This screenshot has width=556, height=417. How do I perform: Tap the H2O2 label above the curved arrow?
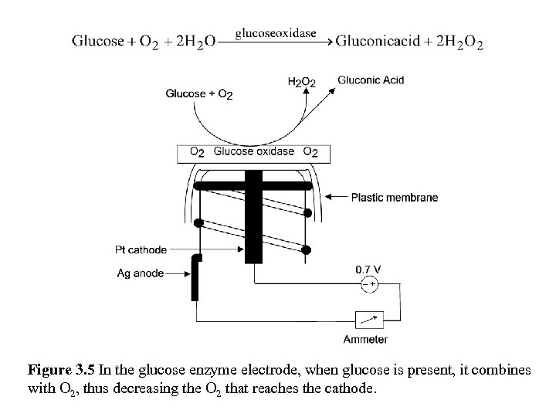(300, 81)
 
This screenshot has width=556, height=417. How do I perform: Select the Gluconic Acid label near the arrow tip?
(371, 80)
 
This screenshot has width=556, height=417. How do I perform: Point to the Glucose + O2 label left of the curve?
(198, 94)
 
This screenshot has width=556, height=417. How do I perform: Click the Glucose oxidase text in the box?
(254, 151)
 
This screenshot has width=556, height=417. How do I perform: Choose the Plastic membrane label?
(394, 197)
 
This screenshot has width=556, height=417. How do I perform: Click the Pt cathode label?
(141, 249)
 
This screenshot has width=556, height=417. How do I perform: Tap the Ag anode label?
(141, 273)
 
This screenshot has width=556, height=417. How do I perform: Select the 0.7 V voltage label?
(368, 269)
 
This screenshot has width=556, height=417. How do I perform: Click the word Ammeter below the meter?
(365, 339)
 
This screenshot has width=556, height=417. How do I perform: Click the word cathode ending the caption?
(353, 388)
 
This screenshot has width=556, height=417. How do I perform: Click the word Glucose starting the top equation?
(98, 42)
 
